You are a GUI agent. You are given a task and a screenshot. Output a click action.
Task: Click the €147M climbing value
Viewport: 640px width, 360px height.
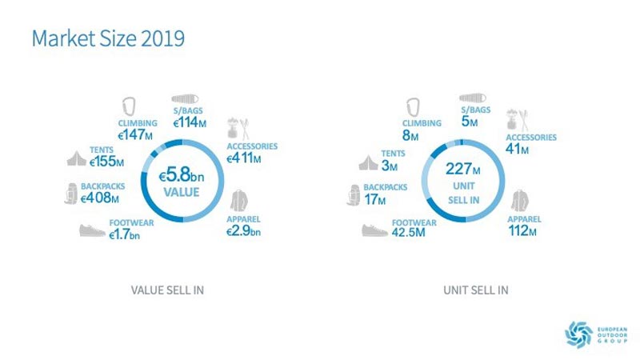pos(135,135)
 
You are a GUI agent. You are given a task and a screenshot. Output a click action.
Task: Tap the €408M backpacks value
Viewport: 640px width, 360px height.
pos(102,198)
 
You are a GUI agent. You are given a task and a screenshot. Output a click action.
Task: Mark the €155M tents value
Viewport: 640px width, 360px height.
pos(108,162)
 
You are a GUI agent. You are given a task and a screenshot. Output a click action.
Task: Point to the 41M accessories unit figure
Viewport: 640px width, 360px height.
pos(518,149)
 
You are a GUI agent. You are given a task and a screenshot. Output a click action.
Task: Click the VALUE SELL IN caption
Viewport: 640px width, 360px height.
pos(167,290)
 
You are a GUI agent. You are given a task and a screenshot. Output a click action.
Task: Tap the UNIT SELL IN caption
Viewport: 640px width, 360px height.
pos(475,290)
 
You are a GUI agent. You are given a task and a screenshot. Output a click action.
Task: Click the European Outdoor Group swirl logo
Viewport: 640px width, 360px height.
pos(578,334)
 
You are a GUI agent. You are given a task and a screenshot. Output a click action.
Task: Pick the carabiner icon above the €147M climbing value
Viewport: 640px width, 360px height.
pos(130,106)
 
